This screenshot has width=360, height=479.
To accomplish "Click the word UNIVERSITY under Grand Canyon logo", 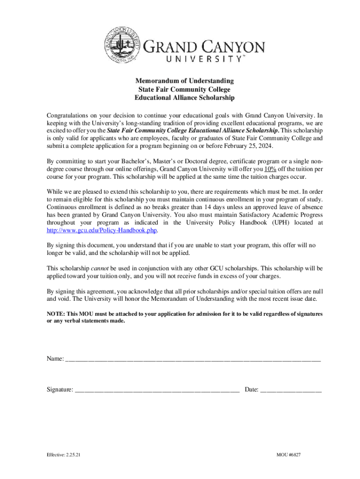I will coord(204,59).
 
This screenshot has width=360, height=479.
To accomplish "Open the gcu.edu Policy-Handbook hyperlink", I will coord(102,231).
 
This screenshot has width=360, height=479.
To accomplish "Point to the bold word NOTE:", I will coord(56,314).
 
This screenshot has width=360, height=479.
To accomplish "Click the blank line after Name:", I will coord(193,359).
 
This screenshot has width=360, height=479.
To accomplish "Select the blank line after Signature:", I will coord(157,389).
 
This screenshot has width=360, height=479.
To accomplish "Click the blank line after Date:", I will coord(290,389).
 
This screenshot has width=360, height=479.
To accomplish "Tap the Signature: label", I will coord(59,389).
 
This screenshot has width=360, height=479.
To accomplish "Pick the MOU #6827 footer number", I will coord(288,455).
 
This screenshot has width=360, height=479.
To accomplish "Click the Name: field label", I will coord(55,359).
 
